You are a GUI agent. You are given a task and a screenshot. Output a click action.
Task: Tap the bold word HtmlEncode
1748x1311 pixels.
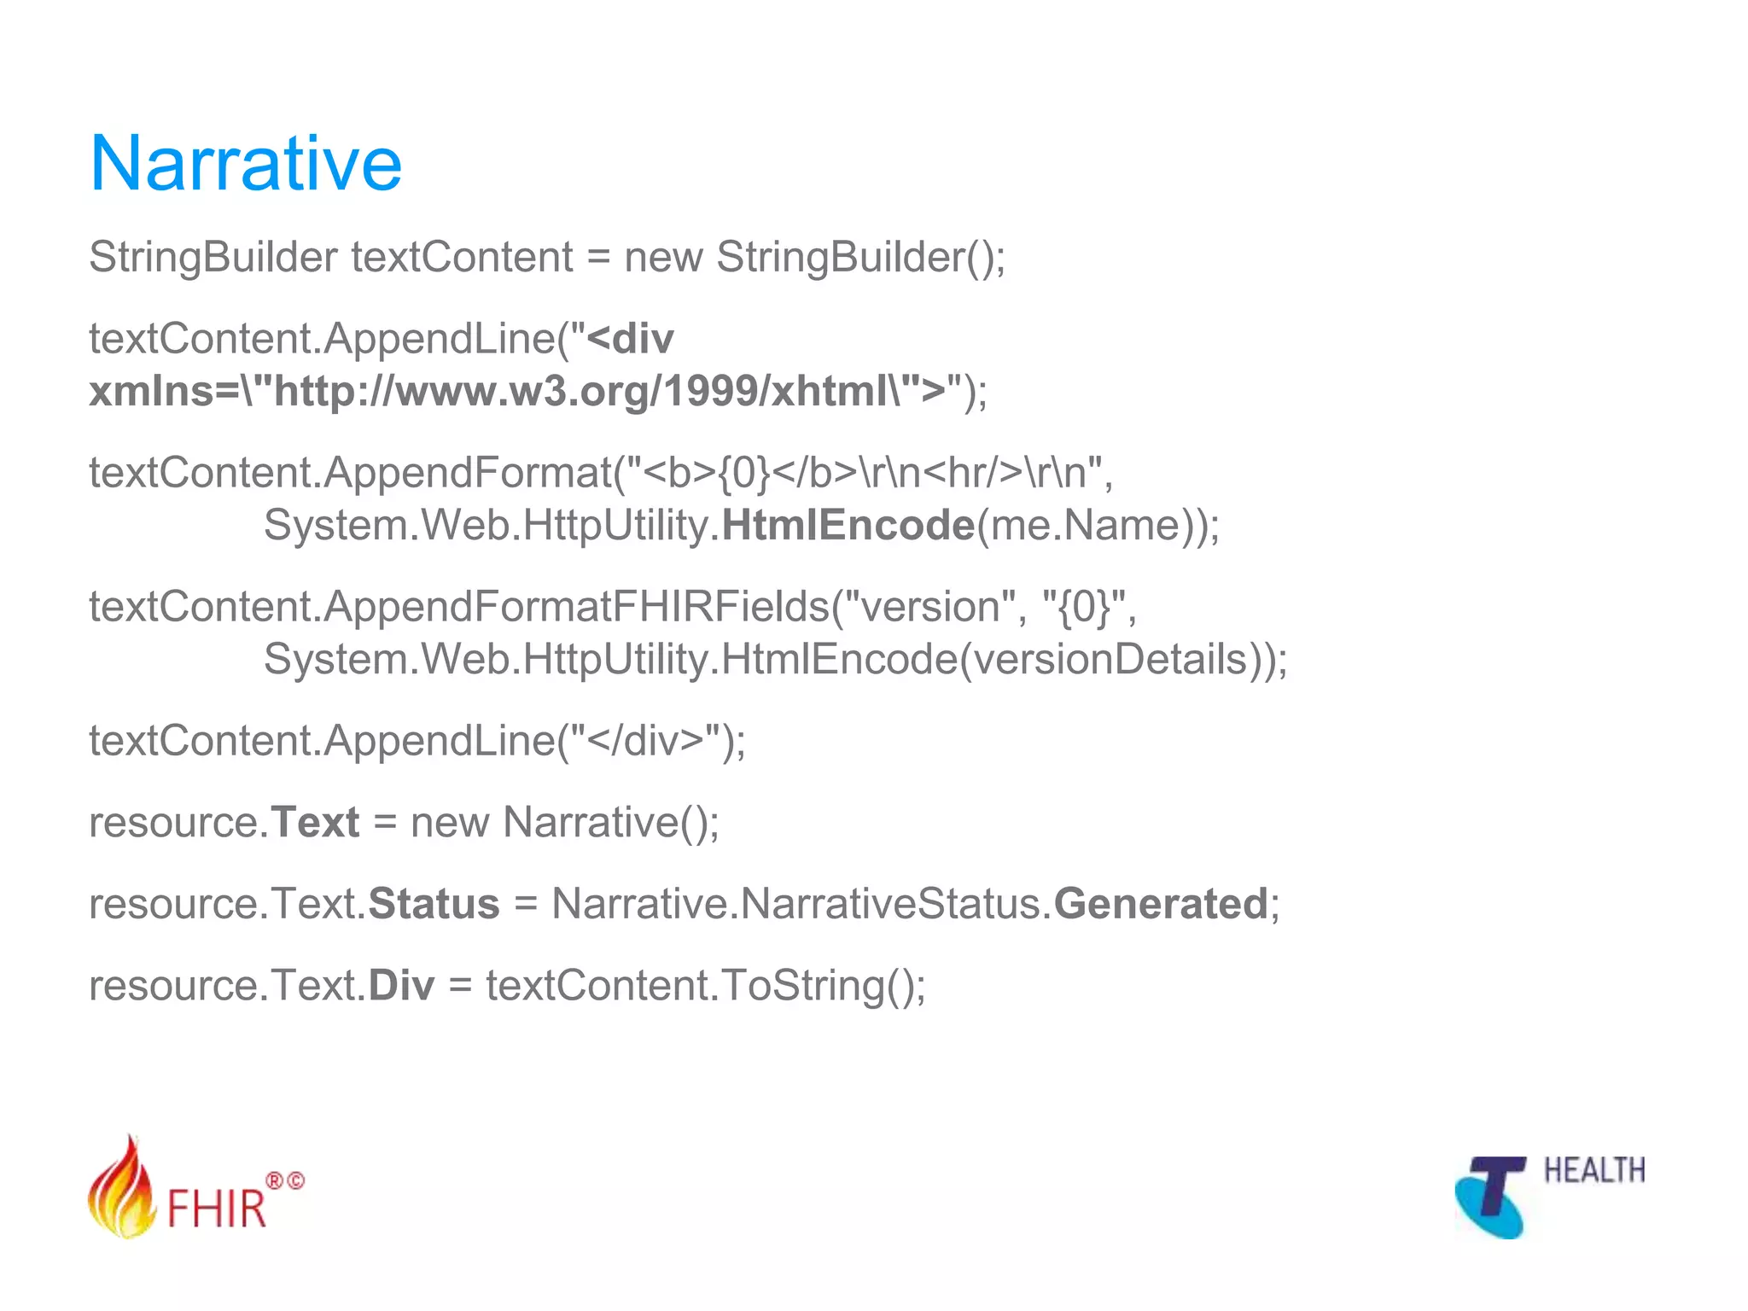click(x=848, y=525)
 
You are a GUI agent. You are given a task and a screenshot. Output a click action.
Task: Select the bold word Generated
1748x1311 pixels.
click(x=1161, y=904)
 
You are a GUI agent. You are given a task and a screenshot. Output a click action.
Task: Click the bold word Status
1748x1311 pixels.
click(x=434, y=904)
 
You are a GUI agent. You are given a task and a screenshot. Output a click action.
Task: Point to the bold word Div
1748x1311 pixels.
click(x=401, y=986)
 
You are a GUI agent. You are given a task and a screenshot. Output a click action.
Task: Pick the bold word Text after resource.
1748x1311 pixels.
click(x=315, y=822)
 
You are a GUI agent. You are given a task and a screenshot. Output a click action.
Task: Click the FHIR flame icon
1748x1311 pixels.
click(x=122, y=1189)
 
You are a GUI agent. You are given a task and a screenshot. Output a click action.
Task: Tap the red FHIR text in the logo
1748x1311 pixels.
click(x=217, y=1208)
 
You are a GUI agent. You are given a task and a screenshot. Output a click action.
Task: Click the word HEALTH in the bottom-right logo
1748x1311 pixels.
click(x=1594, y=1171)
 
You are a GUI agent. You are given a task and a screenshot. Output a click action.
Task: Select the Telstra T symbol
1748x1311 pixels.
click(x=1493, y=1195)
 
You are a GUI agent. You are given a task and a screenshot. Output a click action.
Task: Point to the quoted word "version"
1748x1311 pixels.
click(x=935, y=607)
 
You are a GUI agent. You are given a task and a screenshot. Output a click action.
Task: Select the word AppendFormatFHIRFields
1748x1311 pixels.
click(x=576, y=607)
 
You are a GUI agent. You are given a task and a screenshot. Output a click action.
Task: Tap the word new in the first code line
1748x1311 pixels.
click(x=663, y=257)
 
